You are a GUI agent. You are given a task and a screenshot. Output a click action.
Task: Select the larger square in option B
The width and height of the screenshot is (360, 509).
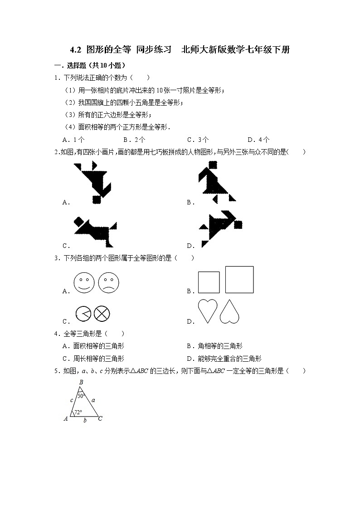point(239,280)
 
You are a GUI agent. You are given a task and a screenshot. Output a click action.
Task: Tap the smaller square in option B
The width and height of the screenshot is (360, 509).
point(209,283)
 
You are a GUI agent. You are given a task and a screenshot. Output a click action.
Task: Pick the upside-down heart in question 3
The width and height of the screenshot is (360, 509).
point(229,312)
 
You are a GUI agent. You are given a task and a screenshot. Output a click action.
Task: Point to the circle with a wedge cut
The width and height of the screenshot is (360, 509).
point(84,314)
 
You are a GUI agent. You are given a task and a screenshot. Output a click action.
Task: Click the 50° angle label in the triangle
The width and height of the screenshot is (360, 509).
point(81,396)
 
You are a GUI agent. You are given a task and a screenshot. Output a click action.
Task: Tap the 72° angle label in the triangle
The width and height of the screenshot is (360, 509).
point(78,412)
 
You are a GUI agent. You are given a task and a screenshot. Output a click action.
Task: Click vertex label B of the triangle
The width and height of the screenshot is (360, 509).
point(81,383)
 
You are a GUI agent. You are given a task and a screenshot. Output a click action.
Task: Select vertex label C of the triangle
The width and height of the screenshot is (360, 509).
point(100,419)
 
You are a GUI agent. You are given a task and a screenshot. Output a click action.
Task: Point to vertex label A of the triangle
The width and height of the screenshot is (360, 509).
point(66,419)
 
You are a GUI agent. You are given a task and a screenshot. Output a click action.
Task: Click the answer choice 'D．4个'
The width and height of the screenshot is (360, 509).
point(258,140)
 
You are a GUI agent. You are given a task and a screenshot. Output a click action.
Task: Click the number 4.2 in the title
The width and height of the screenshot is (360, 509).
point(76,50)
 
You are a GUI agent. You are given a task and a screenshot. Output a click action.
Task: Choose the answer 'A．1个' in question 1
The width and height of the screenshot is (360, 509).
point(73,140)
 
